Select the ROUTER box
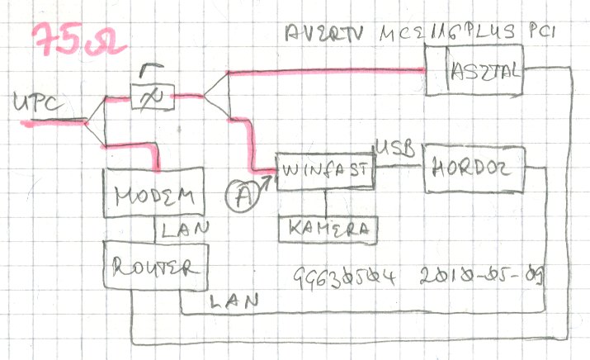(x=155, y=267)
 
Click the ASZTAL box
(x=485, y=73)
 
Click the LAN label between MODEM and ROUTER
(x=186, y=227)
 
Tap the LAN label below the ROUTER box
(x=235, y=301)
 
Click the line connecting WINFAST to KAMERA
(x=326, y=203)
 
